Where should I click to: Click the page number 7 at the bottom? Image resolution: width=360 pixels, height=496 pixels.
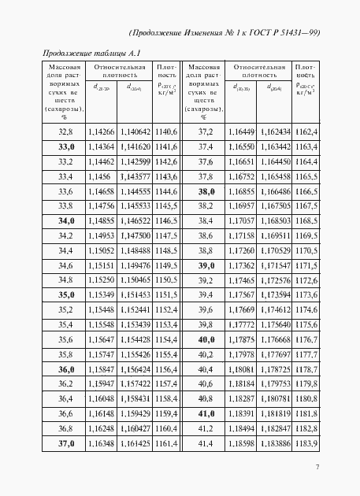coord(316,468)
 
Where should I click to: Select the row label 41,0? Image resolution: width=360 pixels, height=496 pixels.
coord(206,412)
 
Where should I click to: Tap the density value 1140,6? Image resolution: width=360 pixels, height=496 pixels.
coord(166,131)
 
